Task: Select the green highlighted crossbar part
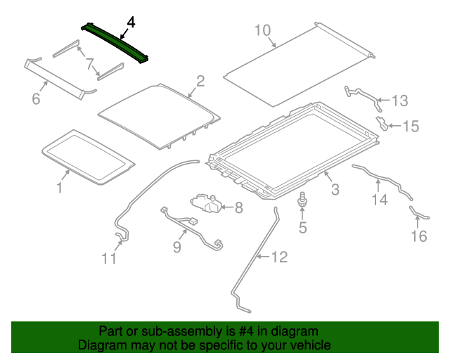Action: (x=117, y=44)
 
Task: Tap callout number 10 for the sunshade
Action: (x=262, y=30)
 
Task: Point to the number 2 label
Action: (x=200, y=81)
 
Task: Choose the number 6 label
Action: (x=36, y=99)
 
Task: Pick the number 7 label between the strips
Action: (x=90, y=65)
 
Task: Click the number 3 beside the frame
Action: (x=335, y=188)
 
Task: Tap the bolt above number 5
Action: (x=303, y=200)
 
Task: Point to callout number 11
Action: (x=108, y=259)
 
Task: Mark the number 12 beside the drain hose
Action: (x=279, y=257)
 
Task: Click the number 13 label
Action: (x=399, y=101)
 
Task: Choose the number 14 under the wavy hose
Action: (x=380, y=200)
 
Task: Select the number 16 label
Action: (x=418, y=236)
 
